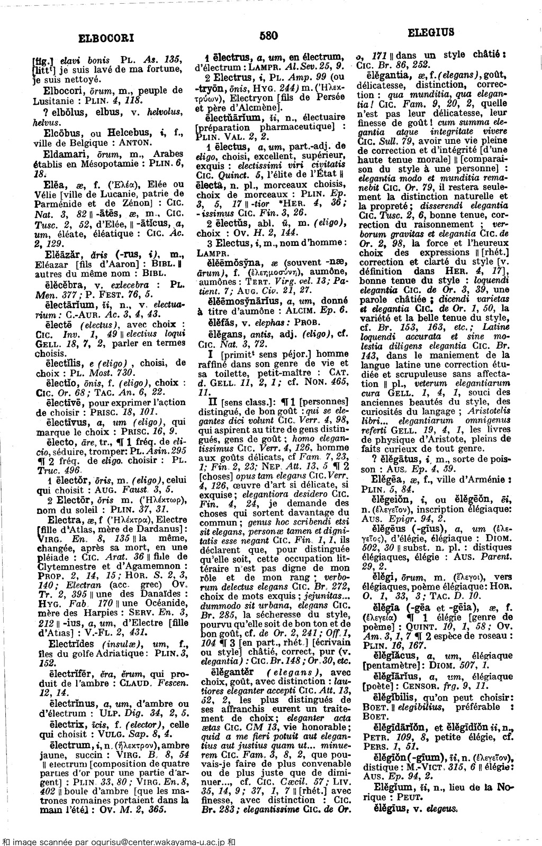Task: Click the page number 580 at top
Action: pos(269,35)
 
